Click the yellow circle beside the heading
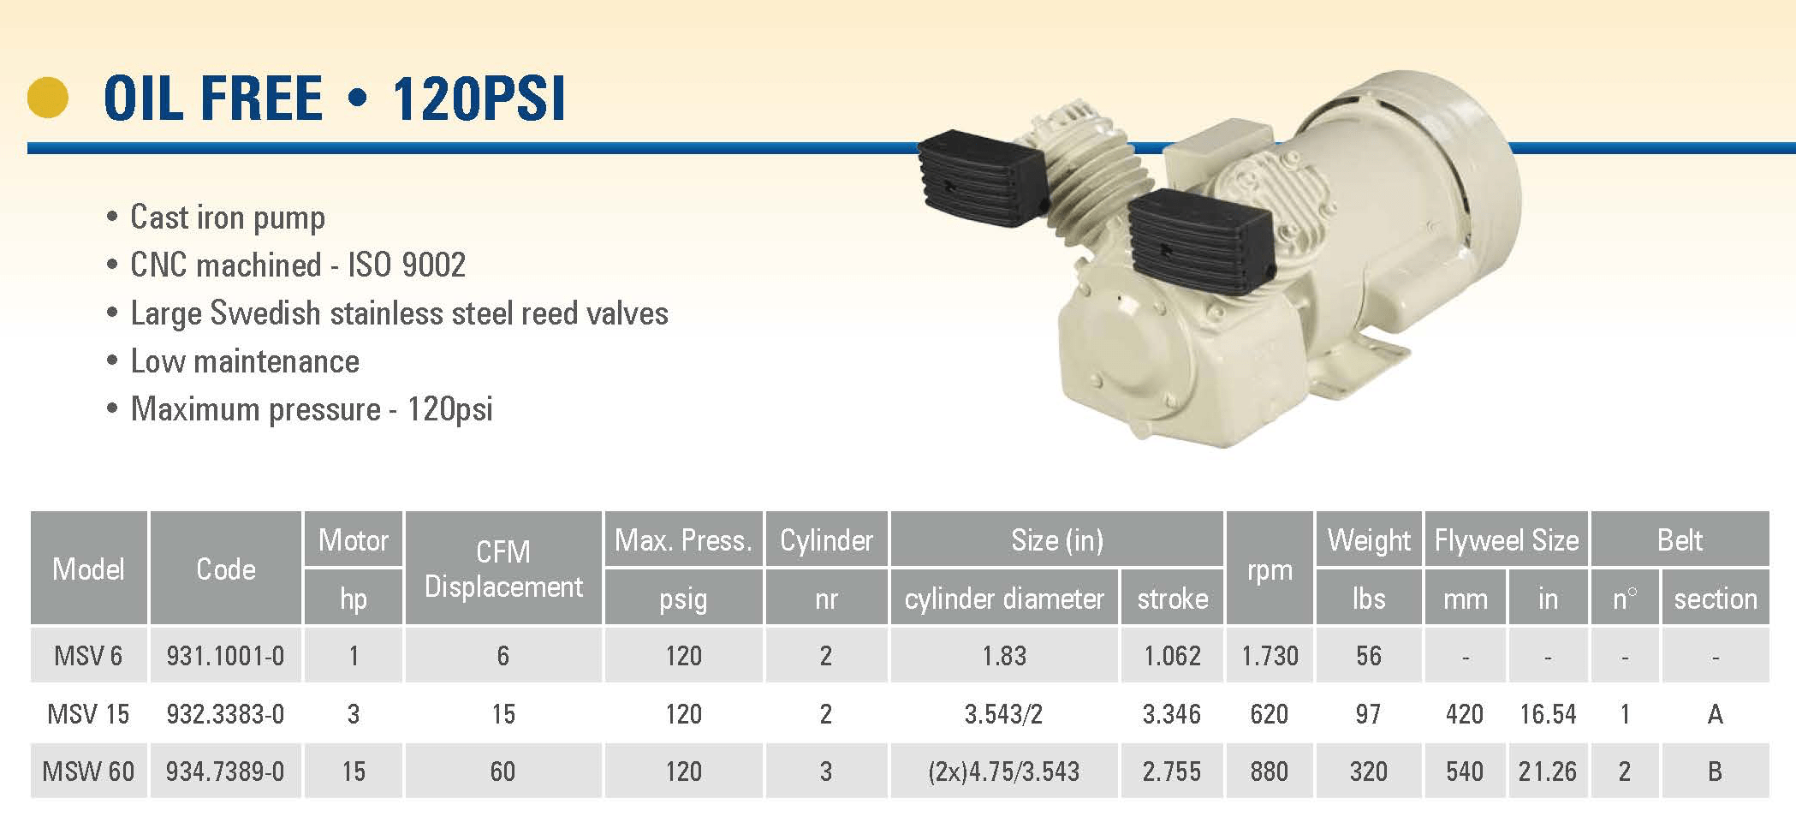click(x=48, y=97)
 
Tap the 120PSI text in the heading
click(x=479, y=98)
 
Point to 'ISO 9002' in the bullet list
click(x=407, y=265)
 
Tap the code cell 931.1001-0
click(x=225, y=656)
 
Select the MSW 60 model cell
click(x=88, y=771)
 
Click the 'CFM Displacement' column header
click(x=503, y=569)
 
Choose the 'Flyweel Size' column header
click(x=1507, y=540)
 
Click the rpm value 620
click(x=1269, y=714)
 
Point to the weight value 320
click(x=1368, y=771)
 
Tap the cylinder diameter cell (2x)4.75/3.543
click(x=1003, y=771)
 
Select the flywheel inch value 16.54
click(x=1548, y=714)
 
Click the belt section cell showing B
click(x=1715, y=771)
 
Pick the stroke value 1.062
click(x=1172, y=656)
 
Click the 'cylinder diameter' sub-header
click(x=1004, y=599)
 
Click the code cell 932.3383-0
click(x=225, y=714)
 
